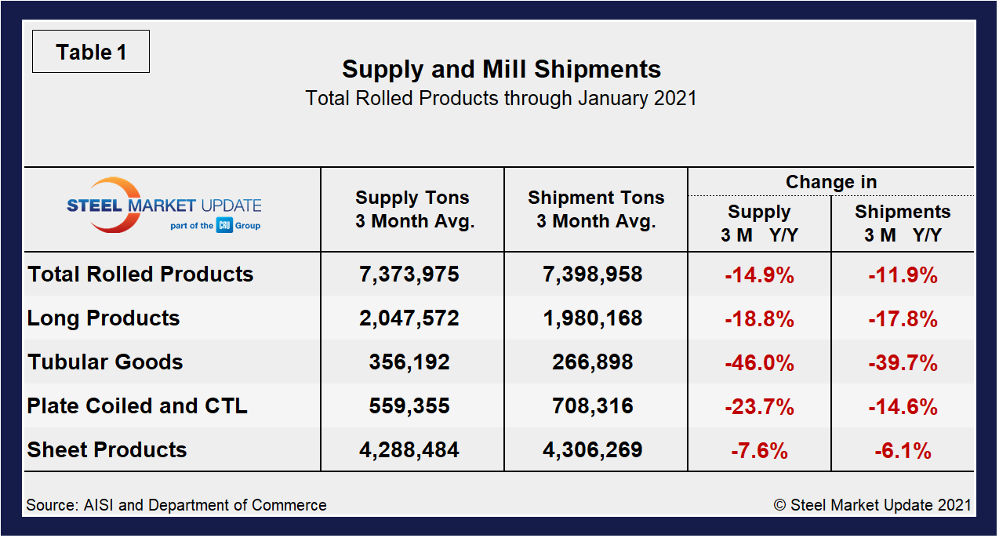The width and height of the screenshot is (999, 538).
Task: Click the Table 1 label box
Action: tap(90, 53)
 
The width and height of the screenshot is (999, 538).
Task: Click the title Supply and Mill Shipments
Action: tap(501, 69)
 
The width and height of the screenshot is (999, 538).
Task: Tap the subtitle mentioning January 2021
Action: tap(501, 99)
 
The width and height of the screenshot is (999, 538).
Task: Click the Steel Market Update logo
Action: tap(163, 206)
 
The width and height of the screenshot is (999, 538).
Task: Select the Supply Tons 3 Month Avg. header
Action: tap(412, 209)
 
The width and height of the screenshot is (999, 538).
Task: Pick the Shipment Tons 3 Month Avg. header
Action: tap(596, 209)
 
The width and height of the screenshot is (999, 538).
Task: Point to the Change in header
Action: tap(831, 182)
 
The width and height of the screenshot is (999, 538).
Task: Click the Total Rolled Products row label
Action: tap(141, 274)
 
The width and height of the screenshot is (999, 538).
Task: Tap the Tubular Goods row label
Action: tap(106, 362)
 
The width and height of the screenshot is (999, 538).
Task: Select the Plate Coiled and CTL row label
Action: tap(137, 406)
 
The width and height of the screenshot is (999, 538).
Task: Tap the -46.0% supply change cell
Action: tap(759, 363)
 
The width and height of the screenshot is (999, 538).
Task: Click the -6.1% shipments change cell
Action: tap(903, 451)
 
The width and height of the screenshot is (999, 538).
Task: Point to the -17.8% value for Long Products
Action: tap(903, 319)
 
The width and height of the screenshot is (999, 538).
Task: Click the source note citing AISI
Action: tap(176, 505)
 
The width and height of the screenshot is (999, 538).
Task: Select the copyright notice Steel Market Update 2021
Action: tap(872, 505)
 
